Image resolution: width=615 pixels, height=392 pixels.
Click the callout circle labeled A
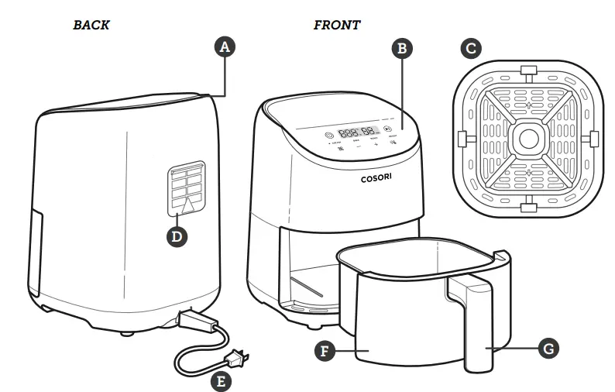pos(225,47)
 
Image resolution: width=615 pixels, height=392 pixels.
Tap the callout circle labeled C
pos(469,48)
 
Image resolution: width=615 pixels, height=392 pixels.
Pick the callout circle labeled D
pos(177,236)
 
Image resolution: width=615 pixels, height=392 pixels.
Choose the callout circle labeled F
pos(326,349)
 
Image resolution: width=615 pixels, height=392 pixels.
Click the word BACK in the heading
pos(91,25)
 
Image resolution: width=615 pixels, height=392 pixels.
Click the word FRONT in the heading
pos(336,25)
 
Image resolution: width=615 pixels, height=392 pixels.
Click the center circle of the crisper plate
pos(527,138)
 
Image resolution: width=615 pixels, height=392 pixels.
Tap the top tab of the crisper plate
pos(527,72)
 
